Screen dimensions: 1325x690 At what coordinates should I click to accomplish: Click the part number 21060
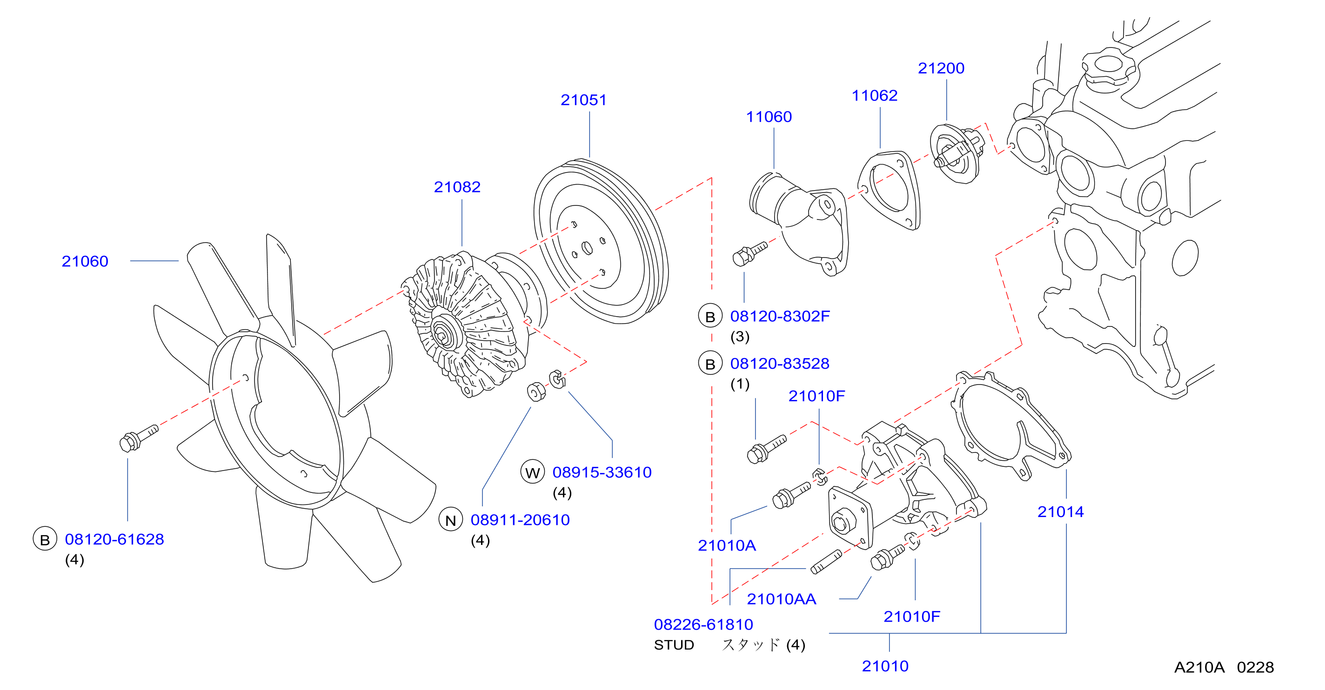click(85, 261)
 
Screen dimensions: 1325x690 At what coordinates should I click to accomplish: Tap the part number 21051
click(583, 100)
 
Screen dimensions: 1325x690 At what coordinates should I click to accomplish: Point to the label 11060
click(769, 117)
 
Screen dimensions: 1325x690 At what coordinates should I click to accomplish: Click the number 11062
click(875, 95)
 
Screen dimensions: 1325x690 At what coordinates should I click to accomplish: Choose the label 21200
click(941, 68)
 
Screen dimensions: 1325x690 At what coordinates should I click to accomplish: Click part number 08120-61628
click(114, 539)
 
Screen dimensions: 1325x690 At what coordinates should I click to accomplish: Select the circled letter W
click(532, 472)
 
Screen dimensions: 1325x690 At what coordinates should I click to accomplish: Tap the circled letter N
click(450, 520)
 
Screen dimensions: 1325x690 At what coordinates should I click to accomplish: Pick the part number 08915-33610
click(602, 472)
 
